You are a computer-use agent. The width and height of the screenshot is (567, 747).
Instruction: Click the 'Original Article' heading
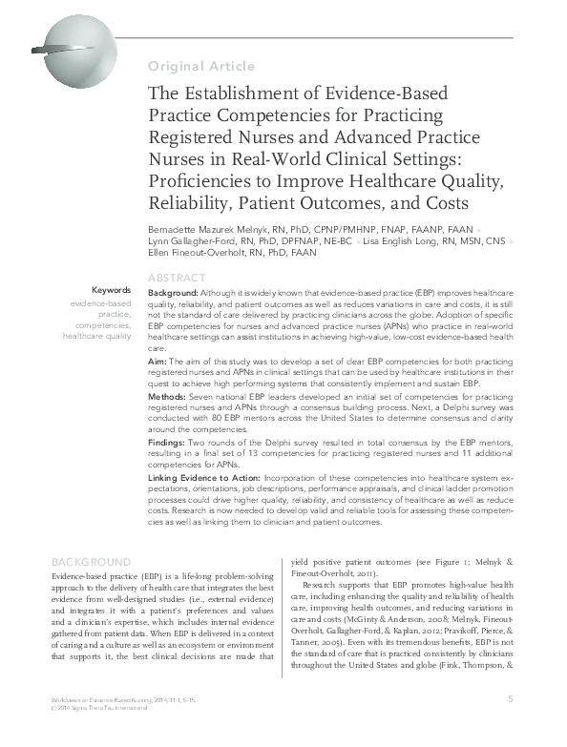(201, 66)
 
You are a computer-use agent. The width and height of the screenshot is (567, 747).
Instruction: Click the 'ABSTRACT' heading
(178, 278)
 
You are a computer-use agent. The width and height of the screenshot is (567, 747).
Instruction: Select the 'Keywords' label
(112, 290)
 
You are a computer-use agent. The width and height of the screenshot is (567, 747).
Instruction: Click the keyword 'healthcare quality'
(97, 336)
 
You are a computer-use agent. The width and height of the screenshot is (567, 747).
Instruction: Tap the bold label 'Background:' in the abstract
(173, 291)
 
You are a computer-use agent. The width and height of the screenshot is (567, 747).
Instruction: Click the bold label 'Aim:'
(157, 363)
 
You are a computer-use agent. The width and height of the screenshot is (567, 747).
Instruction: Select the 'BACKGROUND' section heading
(91, 562)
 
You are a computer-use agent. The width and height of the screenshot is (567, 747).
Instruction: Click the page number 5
(511, 726)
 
